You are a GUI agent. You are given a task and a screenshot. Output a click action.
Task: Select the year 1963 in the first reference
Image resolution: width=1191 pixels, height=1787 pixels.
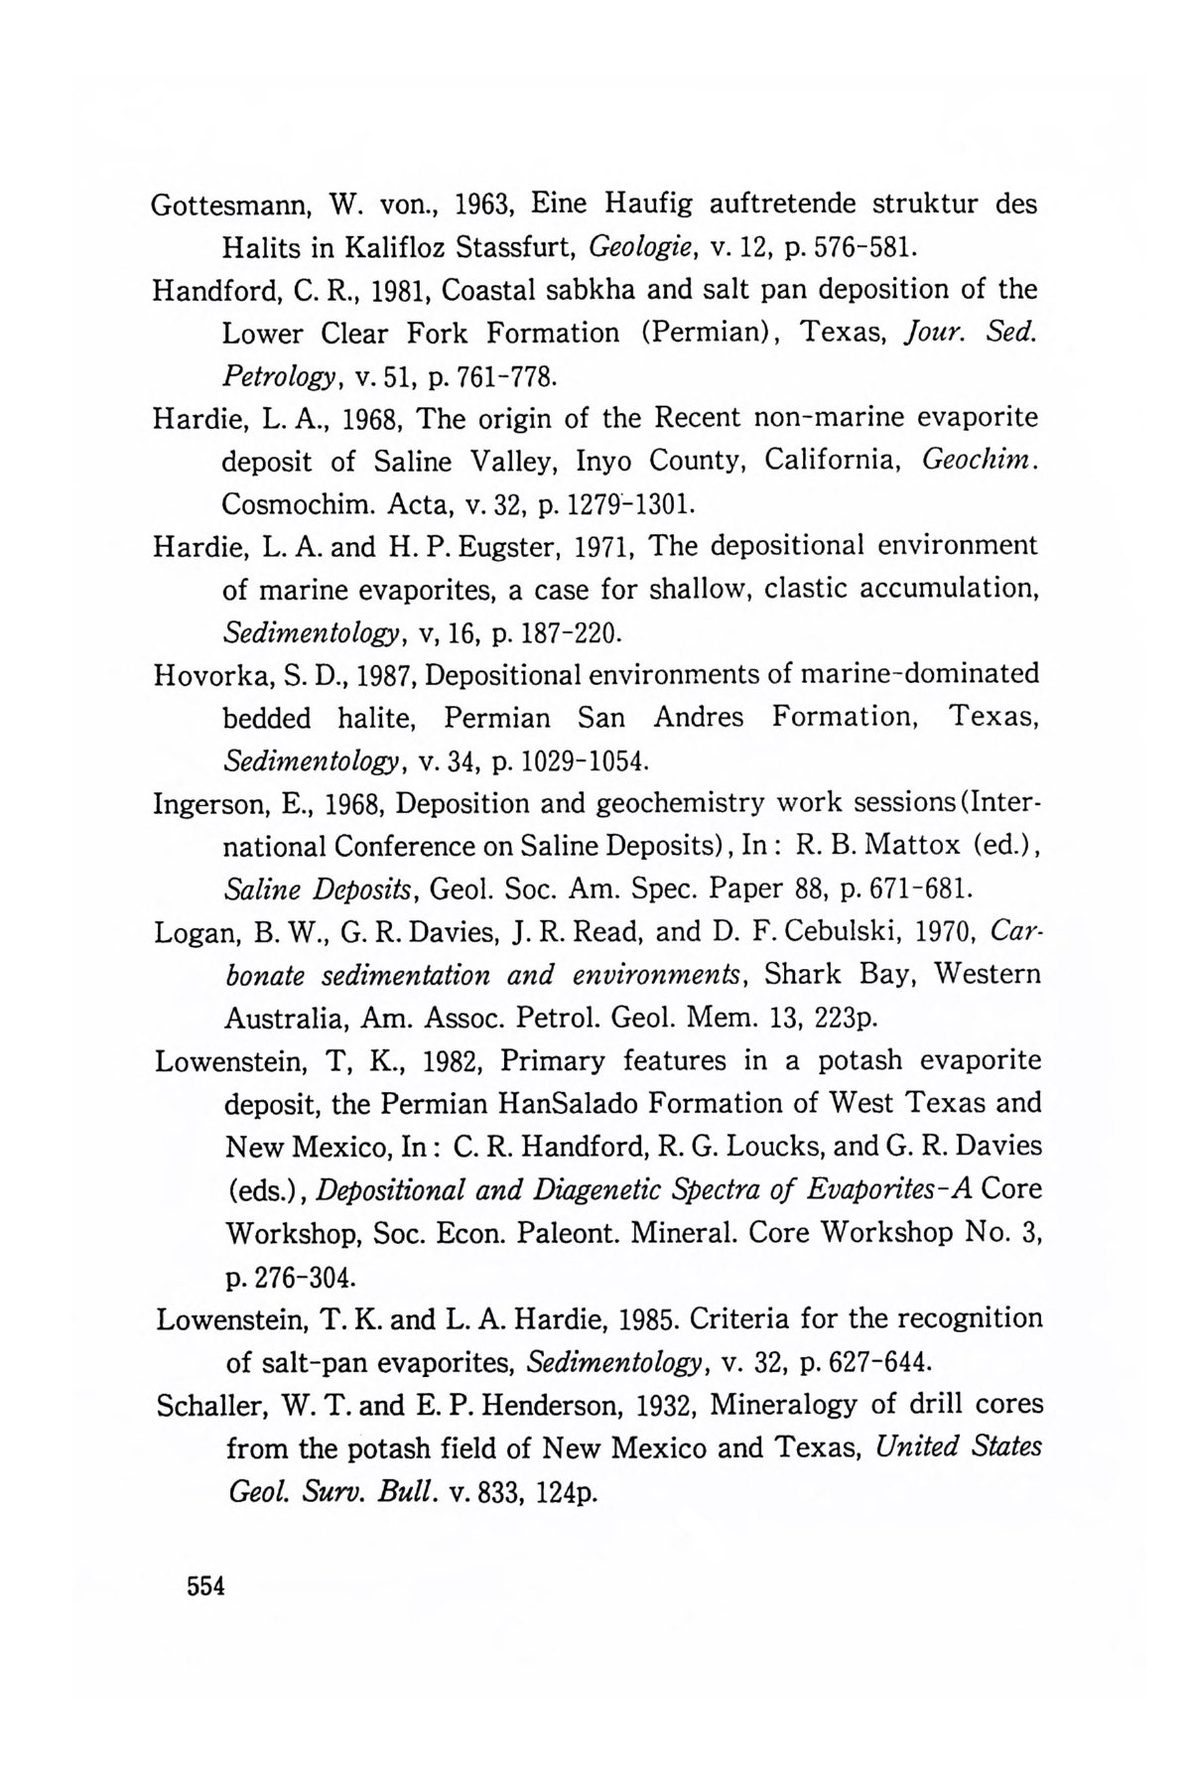pos(481,205)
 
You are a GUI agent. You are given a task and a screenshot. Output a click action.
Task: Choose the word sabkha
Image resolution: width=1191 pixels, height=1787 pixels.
pos(597,290)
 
